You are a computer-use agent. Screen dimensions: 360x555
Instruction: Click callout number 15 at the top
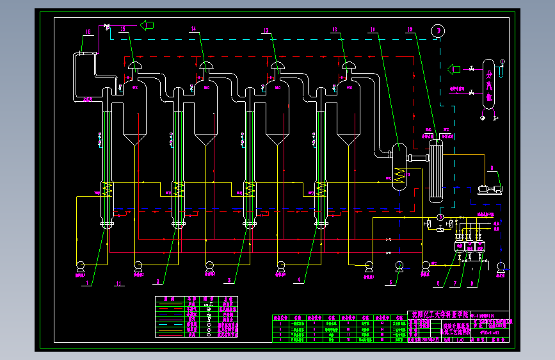122,29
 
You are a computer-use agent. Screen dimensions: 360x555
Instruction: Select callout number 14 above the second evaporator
193,29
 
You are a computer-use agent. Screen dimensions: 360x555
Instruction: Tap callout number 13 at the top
266,29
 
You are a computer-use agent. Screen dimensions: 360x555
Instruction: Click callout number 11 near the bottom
118,282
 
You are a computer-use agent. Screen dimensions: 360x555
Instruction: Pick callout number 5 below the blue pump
388,281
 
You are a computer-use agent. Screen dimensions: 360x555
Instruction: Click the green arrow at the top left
148,25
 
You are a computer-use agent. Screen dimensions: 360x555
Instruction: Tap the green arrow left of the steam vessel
454,69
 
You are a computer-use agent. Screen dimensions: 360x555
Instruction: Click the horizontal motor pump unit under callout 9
490,189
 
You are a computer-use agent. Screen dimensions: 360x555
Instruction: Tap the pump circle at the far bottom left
81,266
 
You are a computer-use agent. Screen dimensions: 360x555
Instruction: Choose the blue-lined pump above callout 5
399,266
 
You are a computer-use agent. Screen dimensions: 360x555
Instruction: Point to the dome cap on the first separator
135,66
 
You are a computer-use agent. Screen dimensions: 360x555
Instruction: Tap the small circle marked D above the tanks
440,218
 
